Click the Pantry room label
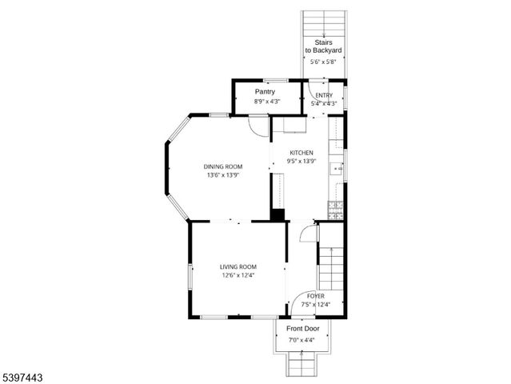(265, 92)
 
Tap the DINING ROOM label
(223, 166)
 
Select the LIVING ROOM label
(238, 266)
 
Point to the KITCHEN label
(301, 153)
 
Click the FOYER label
(315, 296)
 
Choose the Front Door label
(303, 329)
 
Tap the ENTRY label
(324, 96)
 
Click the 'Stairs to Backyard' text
(324, 46)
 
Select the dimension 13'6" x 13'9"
(223, 175)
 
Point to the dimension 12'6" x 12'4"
(238, 276)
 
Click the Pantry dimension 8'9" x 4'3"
(266, 102)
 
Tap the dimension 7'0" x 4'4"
(301, 340)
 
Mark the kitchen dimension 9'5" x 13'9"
(301, 162)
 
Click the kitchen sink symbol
(339, 169)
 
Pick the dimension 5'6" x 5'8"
(324, 62)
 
